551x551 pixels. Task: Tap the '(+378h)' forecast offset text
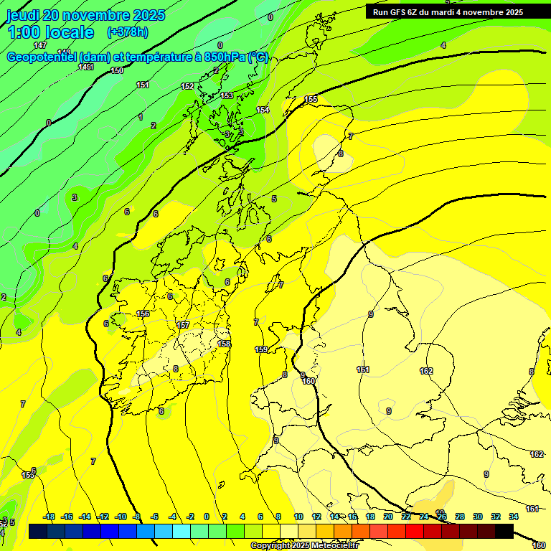click(127, 32)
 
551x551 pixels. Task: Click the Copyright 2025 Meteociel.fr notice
click(305, 546)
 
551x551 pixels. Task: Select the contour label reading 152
click(187, 86)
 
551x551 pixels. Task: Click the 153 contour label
click(227, 95)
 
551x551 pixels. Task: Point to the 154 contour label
click(263, 110)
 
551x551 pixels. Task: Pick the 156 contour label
click(143, 314)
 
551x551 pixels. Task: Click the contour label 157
click(183, 325)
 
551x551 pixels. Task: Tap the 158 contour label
click(225, 344)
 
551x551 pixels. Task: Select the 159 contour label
click(261, 349)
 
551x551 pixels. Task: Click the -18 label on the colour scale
click(49, 517)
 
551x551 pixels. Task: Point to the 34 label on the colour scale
click(514, 517)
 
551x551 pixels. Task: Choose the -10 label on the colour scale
click(121, 517)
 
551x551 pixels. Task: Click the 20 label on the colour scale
click(388, 517)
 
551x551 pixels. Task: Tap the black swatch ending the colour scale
click(504, 531)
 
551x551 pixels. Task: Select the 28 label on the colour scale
click(460, 517)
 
